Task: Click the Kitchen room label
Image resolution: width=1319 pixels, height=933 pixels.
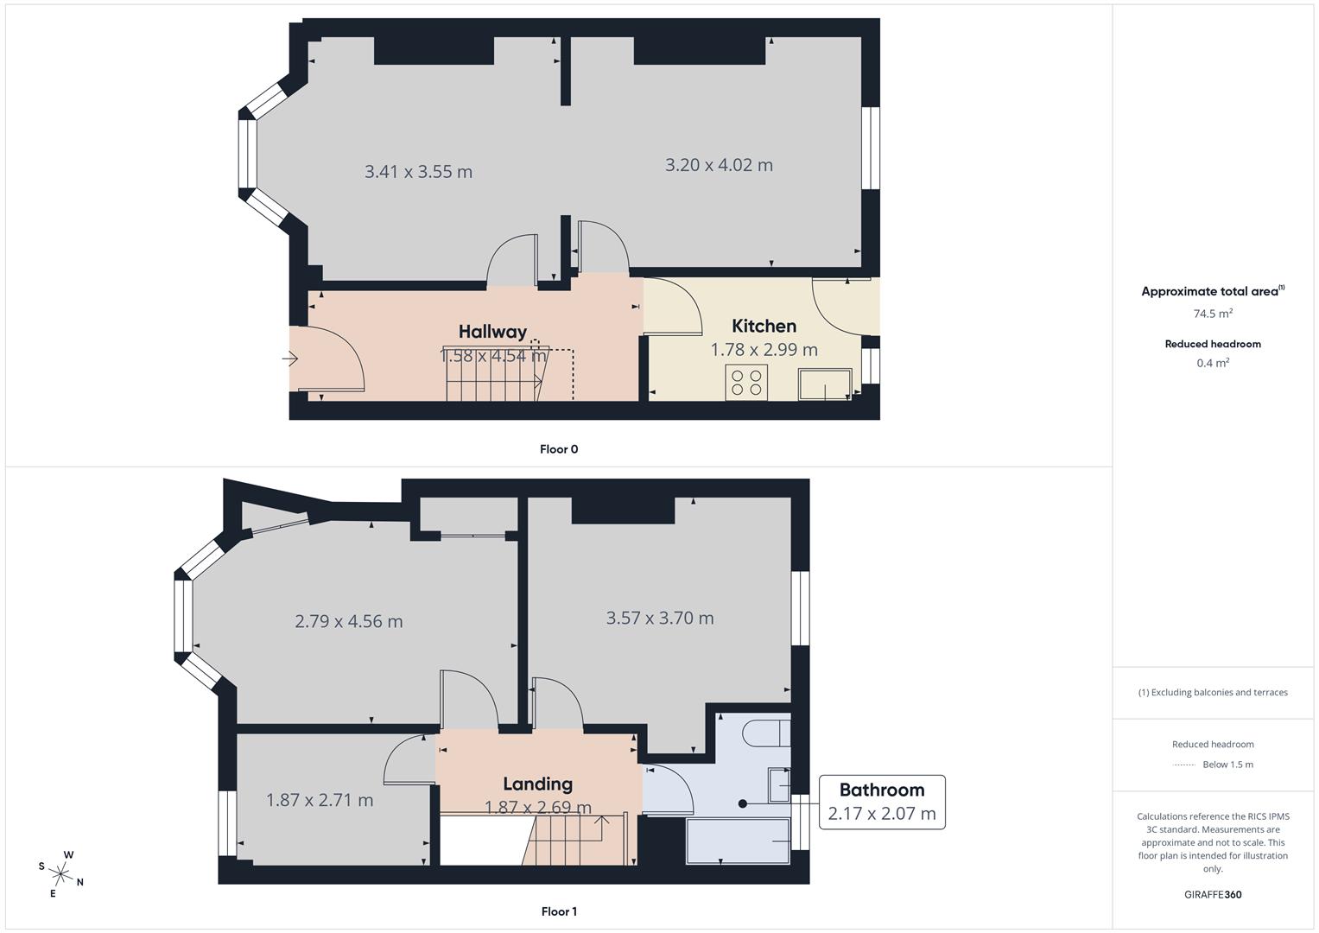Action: coord(764,326)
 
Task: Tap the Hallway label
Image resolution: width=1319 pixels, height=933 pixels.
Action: coord(492,332)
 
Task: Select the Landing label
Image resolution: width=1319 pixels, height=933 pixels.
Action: coord(537,784)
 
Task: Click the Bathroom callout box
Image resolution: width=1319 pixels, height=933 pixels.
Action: coord(881,802)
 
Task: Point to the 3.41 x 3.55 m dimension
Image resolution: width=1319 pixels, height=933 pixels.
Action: coord(418,171)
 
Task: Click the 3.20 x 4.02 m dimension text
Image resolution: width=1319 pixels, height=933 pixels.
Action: coord(719,164)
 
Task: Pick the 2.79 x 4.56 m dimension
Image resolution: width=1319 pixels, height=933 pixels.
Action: coord(349,621)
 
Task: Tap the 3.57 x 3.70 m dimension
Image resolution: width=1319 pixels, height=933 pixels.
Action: coord(660,618)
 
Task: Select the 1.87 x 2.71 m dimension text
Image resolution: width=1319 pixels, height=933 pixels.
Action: coord(320,800)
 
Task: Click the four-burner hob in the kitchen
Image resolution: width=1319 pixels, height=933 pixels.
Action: coord(747,382)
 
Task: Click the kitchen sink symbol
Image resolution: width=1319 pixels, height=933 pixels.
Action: coord(824,384)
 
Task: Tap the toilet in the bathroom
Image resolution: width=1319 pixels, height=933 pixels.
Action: coord(767,733)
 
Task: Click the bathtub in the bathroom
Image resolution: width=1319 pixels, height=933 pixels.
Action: coord(738,841)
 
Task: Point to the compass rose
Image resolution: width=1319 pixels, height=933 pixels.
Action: coord(60,873)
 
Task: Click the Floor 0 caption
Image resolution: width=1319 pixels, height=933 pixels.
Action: coord(559,449)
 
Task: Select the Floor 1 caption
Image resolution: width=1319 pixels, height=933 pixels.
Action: coord(559,911)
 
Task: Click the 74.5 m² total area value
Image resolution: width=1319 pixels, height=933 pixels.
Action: coord(1213,314)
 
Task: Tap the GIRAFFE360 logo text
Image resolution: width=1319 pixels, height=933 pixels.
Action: coord(1213,894)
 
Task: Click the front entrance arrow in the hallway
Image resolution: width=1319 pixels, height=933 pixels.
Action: coord(290,358)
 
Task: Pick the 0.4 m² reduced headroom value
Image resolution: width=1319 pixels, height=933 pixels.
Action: coord(1213,363)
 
